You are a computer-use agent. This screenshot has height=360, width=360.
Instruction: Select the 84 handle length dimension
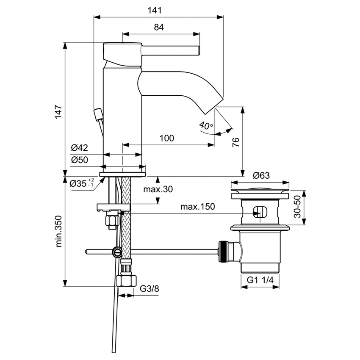point(159,27)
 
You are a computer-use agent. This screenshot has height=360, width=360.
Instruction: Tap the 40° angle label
point(206,126)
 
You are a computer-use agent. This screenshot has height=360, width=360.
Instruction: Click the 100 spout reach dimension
point(167,138)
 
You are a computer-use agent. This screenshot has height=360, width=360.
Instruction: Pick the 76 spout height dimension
point(236,141)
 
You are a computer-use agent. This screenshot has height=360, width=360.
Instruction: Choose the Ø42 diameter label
point(79,148)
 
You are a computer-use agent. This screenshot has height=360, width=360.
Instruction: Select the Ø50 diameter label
point(79,160)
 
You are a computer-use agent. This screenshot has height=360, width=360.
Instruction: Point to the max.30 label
point(158,189)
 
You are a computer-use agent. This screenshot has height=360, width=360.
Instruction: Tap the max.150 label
point(197,207)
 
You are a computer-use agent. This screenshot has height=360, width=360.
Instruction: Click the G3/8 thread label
point(149,289)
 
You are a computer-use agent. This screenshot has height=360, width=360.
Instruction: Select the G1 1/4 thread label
point(260,280)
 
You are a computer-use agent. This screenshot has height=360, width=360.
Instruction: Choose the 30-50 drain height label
point(298,207)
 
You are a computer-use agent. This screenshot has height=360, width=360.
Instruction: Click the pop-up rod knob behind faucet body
point(98,114)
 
